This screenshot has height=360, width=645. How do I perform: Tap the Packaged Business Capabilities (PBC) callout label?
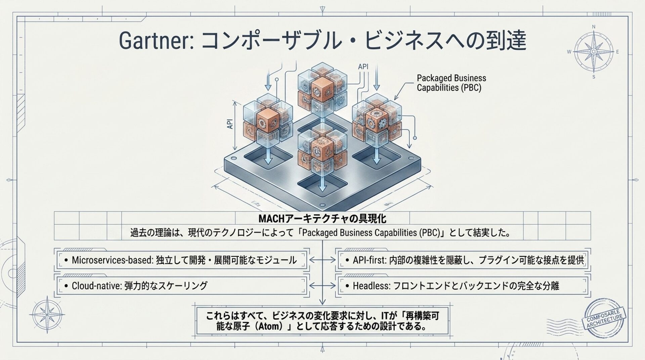click(x=451, y=83)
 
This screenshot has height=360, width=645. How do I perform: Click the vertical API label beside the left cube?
click(x=230, y=124)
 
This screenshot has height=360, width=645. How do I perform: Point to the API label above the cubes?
click(x=363, y=66)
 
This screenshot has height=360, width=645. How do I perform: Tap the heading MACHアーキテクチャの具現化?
click(x=322, y=219)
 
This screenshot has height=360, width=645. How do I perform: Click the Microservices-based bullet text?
click(x=184, y=260)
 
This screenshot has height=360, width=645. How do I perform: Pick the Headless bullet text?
click(x=452, y=286)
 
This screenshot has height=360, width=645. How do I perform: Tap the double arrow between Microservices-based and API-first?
click(x=322, y=260)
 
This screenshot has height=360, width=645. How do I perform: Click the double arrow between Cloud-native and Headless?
click(x=322, y=285)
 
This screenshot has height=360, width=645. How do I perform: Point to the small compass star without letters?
click(x=47, y=314)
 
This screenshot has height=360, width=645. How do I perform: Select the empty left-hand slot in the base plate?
click(x=268, y=158)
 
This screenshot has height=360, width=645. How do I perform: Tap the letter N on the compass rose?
click(x=594, y=27)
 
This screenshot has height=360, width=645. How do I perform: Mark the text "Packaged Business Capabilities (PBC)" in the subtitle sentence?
click(x=371, y=233)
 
